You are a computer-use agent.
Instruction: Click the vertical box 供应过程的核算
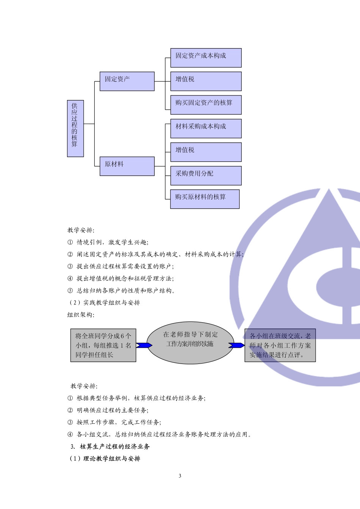75,128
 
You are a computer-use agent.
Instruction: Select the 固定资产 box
127,81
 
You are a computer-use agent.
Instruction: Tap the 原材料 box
127,166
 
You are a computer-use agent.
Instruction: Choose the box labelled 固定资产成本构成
206,58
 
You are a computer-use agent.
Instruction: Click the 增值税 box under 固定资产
206,81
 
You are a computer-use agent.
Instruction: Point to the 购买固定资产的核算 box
206,105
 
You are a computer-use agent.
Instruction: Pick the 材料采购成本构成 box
206,128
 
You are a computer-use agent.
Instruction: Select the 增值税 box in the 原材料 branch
206,152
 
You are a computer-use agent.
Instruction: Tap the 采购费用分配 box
206,175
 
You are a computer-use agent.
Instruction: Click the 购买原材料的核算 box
205,199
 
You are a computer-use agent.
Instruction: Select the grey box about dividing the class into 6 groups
103,345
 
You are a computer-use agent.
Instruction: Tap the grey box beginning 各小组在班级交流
280,345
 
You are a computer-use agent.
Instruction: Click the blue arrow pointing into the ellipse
144,345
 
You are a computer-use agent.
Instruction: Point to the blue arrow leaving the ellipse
236,345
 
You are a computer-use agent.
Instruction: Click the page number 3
180,476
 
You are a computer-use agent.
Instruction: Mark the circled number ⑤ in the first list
70,290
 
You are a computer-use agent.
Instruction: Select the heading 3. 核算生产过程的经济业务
110,447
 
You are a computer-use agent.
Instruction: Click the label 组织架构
81,315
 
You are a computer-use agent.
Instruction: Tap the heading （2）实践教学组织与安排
104,303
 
